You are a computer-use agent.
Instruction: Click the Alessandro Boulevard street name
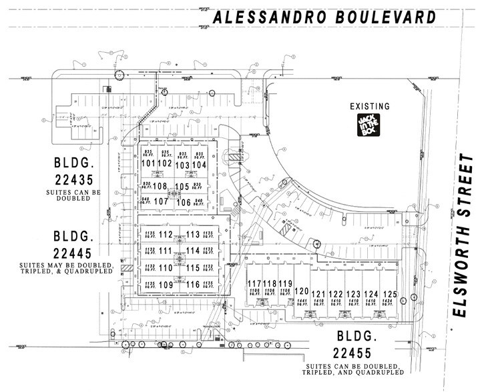pos(323,18)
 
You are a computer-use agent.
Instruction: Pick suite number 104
pos(200,164)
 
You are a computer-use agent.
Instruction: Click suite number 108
pos(160,187)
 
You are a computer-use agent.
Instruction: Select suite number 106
pos(184,202)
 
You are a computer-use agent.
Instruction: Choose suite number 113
pos(193,234)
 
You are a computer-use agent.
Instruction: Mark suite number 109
pos(166,285)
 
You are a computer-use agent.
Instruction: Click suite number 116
pos(193,285)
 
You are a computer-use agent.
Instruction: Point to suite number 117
pos(254,283)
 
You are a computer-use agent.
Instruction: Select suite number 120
pos(301,291)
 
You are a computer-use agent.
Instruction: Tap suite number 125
pos(390,294)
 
